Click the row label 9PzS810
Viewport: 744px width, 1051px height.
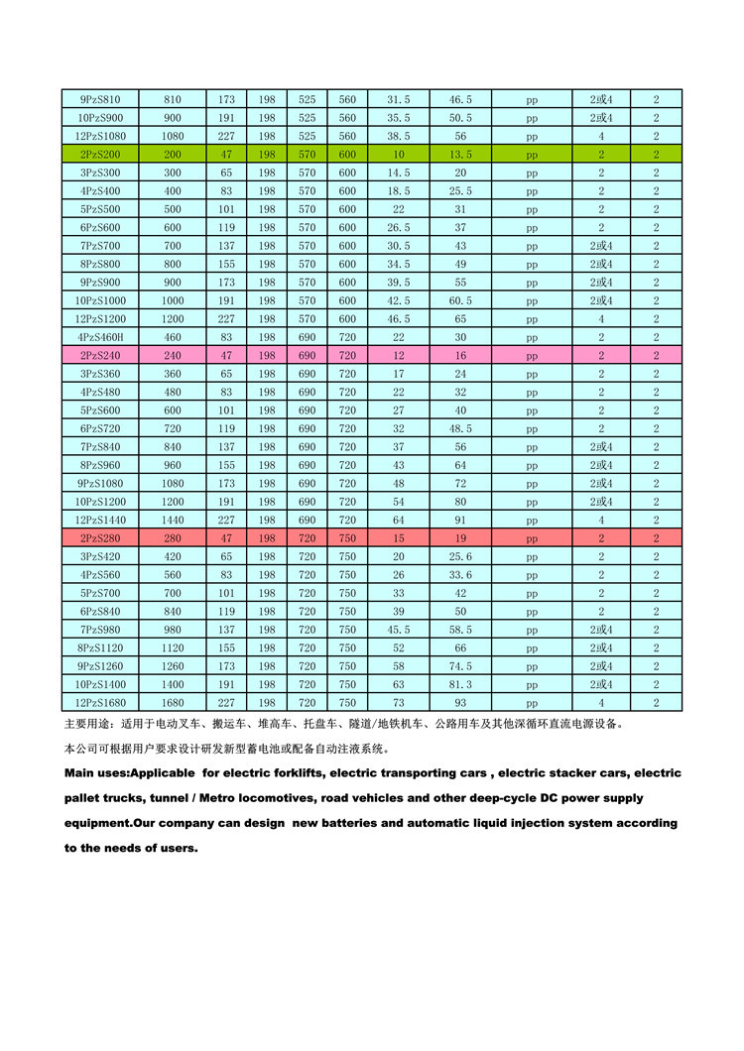pyautogui.click(x=99, y=99)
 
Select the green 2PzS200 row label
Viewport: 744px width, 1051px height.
pyautogui.click(x=99, y=155)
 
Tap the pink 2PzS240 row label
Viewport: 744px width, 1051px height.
pyautogui.click(x=99, y=355)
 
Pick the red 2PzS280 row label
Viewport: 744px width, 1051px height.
pyautogui.click(x=99, y=537)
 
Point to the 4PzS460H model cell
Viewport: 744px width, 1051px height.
pyautogui.click(x=99, y=337)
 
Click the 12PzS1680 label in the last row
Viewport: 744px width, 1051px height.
pyautogui.click(x=99, y=702)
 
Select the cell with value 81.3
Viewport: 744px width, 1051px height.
pyautogui.click(x=460, y=684)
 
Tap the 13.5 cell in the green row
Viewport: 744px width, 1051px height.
pyautogui.click(x=460, y=155)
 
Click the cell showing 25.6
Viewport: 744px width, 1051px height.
pyautogui.click(x=460, y=556)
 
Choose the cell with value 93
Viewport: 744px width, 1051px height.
pyautogui.click(x=460, y=702)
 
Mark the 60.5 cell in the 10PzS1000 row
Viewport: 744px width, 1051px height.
pyautogui.click(x=460, y=300)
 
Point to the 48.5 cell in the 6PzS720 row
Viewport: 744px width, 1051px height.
pyautogui.click(x=460, y=428)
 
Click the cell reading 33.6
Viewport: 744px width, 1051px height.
pyautogui.click(x=460, y=574)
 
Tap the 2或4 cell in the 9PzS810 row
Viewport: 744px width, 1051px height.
pyautogui.click(x=601, y=99)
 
